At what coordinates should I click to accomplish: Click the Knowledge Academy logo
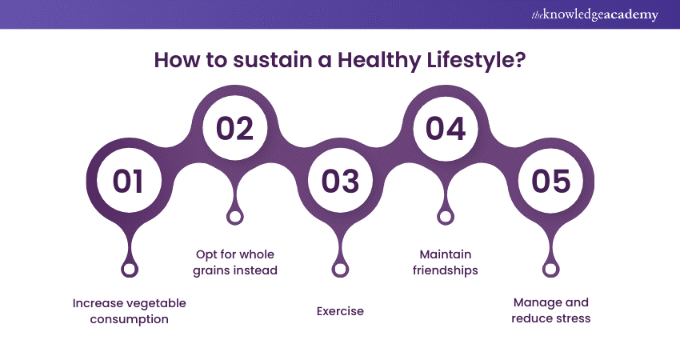(x=594, y=14)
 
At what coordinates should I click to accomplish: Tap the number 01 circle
(x=129, y=181)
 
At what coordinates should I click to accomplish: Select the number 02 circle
(x=234, y=128)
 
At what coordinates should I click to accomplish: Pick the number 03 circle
(x=341, y=181)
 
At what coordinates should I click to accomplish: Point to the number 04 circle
(x=446, y=128)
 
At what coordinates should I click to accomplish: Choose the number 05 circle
(x=550, y=181)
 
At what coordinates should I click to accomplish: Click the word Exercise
(x=341, y=311)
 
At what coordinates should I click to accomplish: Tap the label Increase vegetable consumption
(x=130, y=311)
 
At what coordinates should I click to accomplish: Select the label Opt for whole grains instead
(x=235, y=262)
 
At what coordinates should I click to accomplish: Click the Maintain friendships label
(x=446, y=262)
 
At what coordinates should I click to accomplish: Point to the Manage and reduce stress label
(x=550, y=310)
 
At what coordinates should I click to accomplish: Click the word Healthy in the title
(x=379, y=60)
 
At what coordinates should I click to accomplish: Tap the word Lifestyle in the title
(x=476, y=60)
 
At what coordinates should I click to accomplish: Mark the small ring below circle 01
(x=130, y=270)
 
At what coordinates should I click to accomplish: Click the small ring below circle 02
(x=235, y=217)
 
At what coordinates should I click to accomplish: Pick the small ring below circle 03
(x=341, y=270)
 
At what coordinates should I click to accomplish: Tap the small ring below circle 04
(x=446, y=217)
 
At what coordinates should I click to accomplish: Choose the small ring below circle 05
(x=550, y=270)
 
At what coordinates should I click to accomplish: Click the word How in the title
(x=178, y=60)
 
